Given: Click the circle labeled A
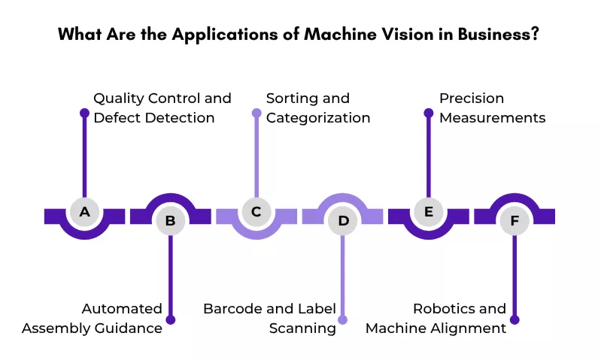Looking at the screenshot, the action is click(x=85, y=212).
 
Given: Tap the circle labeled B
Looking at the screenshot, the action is click(x=171, y=221).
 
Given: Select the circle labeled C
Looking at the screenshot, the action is click(x=256, y=212).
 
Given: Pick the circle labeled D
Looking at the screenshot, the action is click(x=343, y=221).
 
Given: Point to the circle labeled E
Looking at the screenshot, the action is click(x=429, y=212).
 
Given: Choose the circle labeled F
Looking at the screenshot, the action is click(x=514, y=221).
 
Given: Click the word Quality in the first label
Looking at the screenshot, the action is click(x=118, y=99).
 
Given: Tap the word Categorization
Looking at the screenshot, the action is click(x=318, y=118).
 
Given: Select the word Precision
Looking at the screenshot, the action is click(x=472, y=98).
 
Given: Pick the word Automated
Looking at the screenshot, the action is click(x=122, y=309).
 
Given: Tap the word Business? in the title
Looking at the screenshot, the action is click(x=498, y=34).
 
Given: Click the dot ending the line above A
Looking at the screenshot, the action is click(x=85, y=113).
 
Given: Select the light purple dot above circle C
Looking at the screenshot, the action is click(x=256, y=113).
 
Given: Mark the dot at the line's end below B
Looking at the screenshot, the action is click(x=171, y=319).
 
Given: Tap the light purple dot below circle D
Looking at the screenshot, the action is click(x=343, y=319).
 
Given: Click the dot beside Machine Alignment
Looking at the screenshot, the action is click(x=514, y=319).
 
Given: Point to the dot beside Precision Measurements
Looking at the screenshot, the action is click(x=429, y=113).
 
